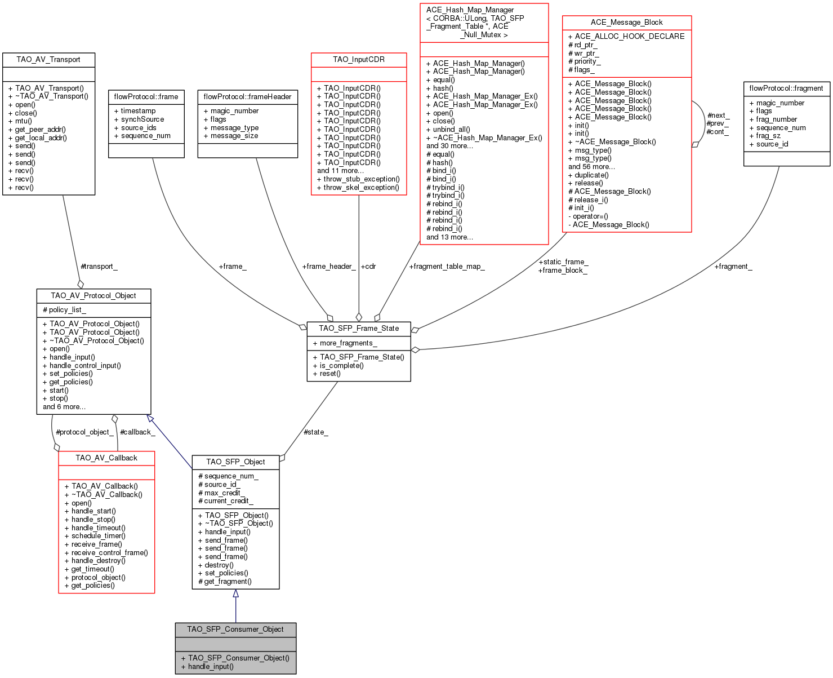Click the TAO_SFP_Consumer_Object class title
[x=235, y=629]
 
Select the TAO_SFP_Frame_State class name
[x=359, y=328]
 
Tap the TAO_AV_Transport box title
[x=48, y=59]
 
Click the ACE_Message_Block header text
[x=626, y=22]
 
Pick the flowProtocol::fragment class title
[x=786, y=88]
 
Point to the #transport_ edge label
[x=99, y=266]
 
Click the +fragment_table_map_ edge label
[x=447, y=266]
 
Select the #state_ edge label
[x=315, y=432]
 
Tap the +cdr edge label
[x=368, y=266]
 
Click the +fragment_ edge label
[x=733, y=266]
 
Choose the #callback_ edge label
[x=137, y=432]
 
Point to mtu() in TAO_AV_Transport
[x=23, y=121]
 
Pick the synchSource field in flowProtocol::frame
[x=142, y=119]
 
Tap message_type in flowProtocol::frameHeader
[x=234, y=127]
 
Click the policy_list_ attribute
[x=65, y=309]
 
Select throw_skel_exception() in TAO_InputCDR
[x=361, y=187]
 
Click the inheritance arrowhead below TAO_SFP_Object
[x=235, y=593]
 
